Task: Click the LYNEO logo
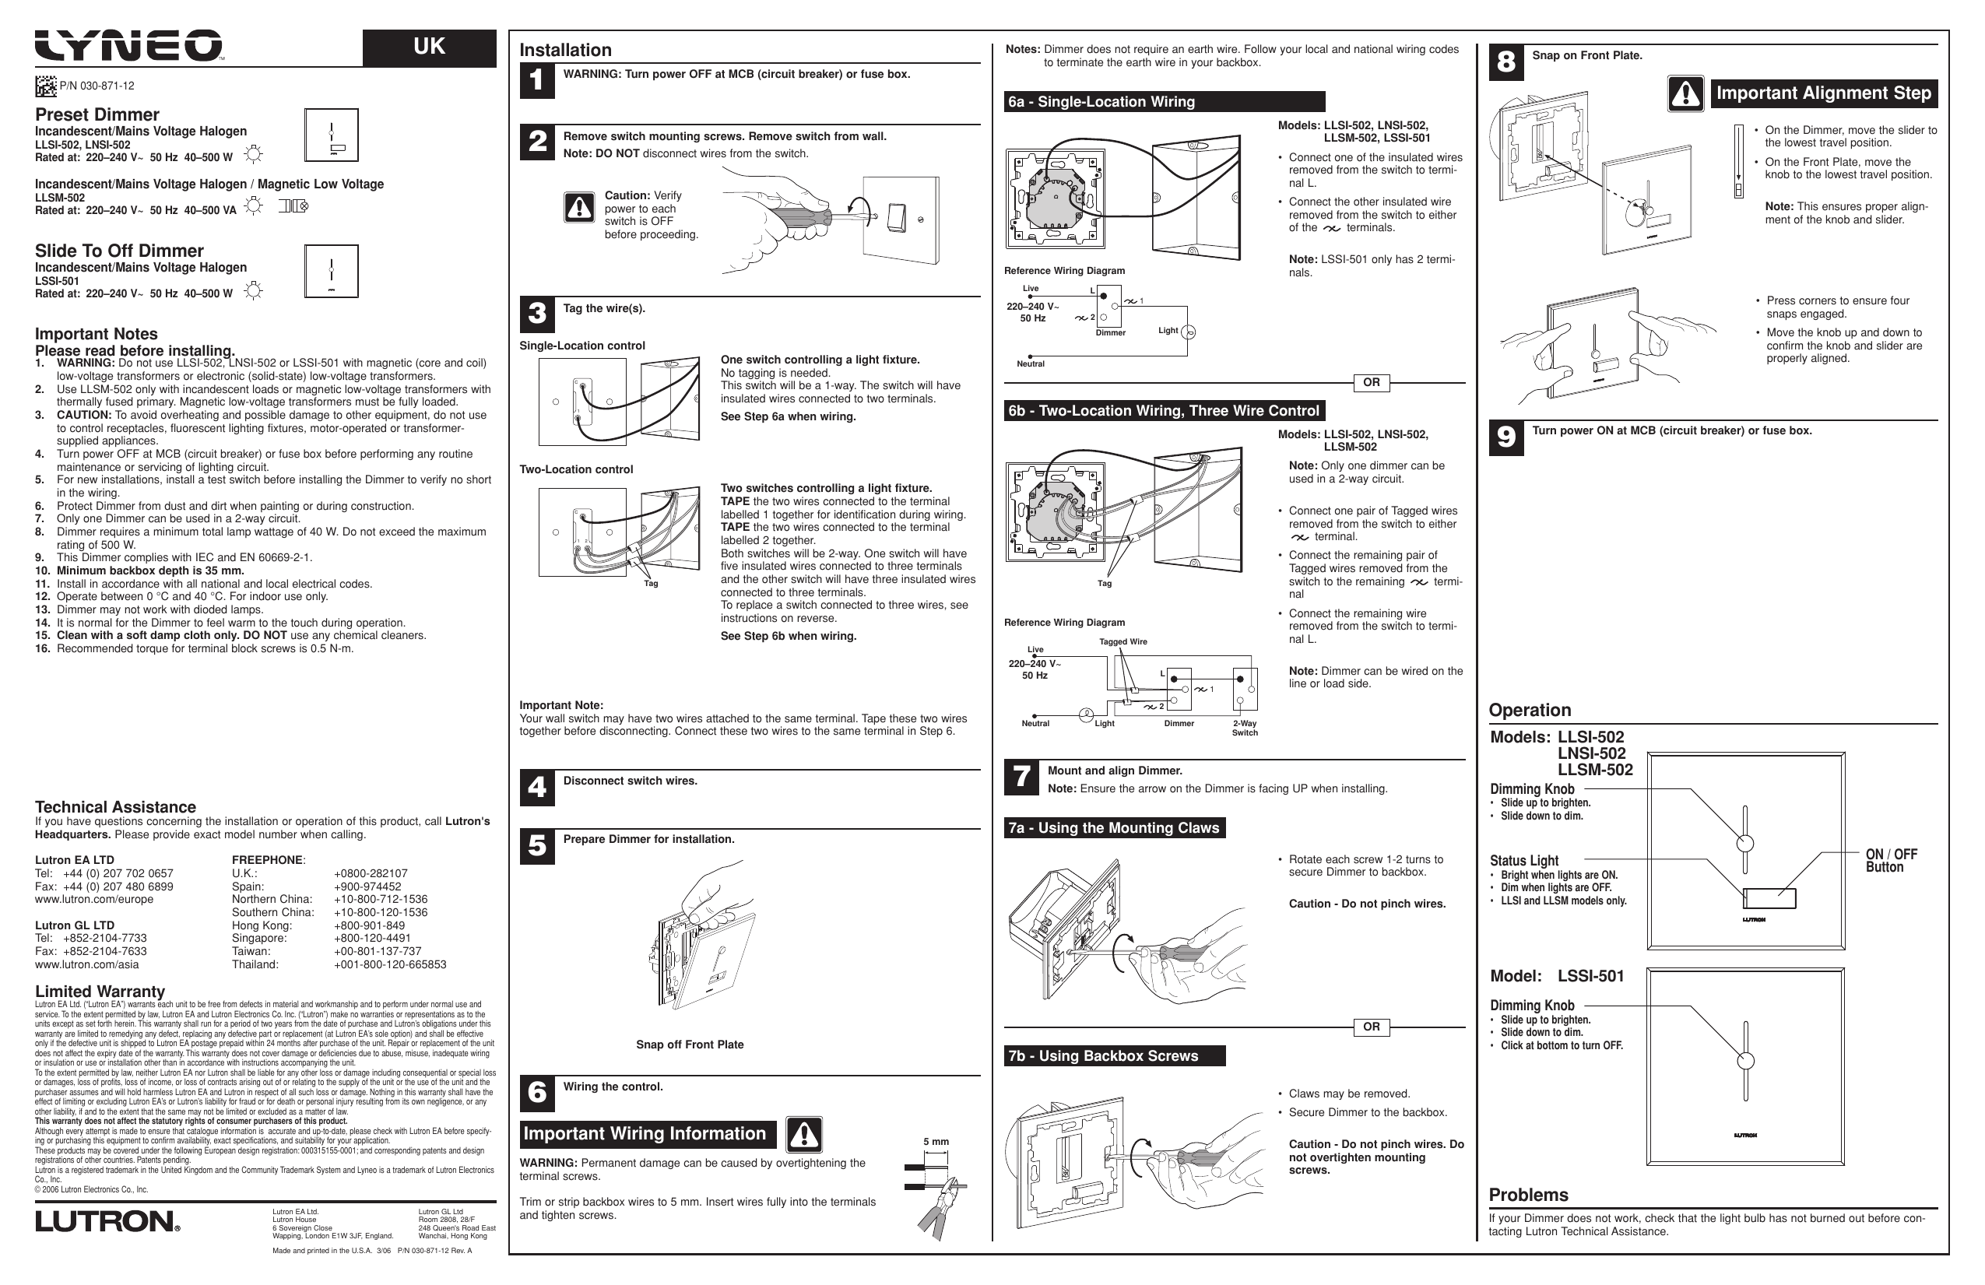pos(128,46)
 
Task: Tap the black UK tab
pos(429,47)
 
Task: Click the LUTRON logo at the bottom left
pos(107,1222)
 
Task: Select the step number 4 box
pos(537,788)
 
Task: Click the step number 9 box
pos(1505,437)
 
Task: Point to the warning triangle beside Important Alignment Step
pos(1685,93)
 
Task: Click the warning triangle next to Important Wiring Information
pos(803,1134)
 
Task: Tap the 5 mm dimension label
pos(936,1142)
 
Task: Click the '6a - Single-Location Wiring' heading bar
pos(1165,102)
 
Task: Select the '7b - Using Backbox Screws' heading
pos(1114,1055)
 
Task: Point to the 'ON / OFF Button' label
pos(1891,861)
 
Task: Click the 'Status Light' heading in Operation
pos(1524,861)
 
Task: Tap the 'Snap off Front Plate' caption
pos(689,1045)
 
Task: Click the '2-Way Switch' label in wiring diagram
pos(1245,728)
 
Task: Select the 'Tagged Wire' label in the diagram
pos(1122,642)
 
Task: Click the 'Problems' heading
pos(1528,1195)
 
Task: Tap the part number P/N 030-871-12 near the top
pos(96,86)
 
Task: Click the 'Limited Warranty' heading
pos(100,992)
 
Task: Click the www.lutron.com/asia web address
pos(86,965)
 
